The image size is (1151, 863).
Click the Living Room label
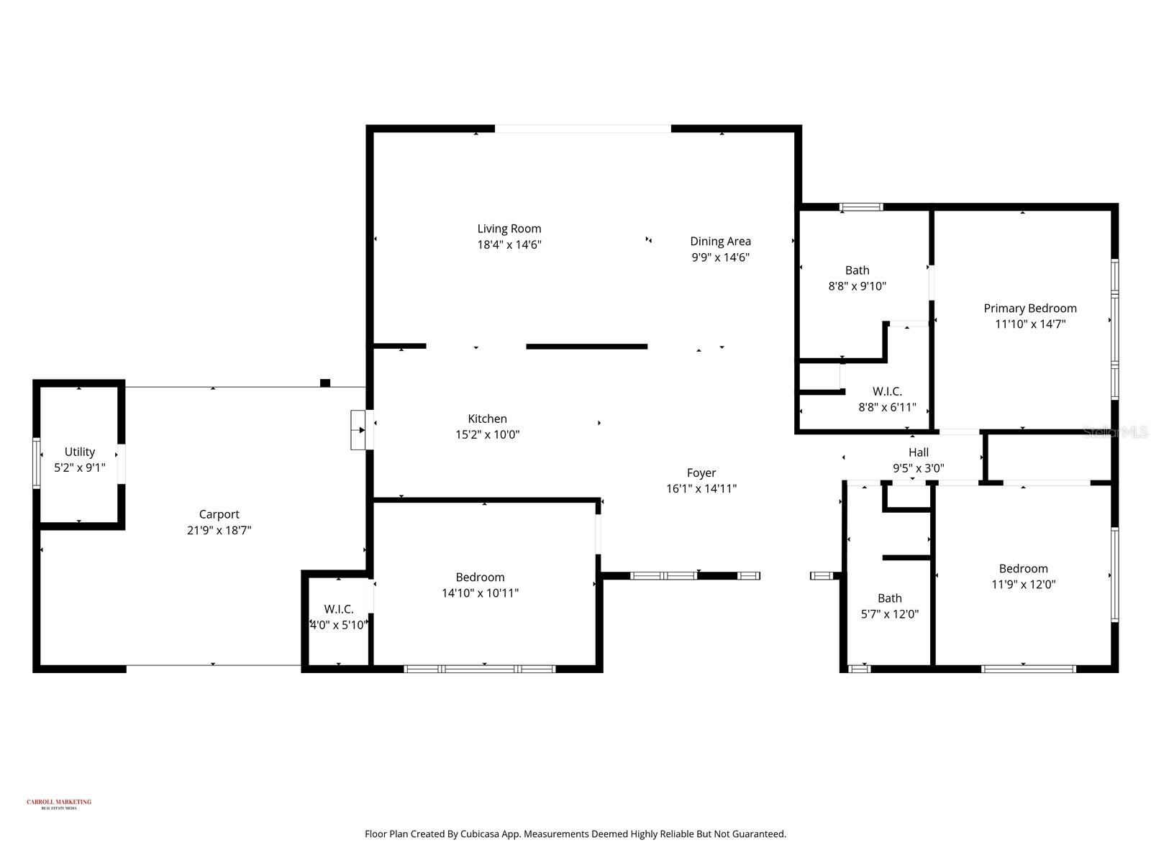point(509,229)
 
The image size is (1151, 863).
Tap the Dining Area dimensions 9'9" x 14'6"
point(720,257)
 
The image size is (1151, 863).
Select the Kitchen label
point(487,419)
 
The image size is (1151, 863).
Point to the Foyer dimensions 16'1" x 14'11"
point(701,489)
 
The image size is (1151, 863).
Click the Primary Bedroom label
point(1029,309)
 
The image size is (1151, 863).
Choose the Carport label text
point(219,514)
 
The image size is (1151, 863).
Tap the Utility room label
point(79,452)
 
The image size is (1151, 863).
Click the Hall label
point(918,452)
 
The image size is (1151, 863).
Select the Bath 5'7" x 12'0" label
point(889,598)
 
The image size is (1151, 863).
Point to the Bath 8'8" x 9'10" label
point(857,270)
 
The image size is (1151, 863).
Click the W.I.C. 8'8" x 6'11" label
point(887,391)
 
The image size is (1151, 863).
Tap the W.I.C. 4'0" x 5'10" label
point(338,609)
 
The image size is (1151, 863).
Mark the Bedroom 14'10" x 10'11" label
point(480,577)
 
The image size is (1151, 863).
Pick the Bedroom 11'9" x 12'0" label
point(1023,569)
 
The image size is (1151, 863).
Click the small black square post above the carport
point(325,383)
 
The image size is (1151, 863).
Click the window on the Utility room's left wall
point(36,464)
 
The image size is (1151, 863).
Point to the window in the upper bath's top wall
point(861,207)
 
